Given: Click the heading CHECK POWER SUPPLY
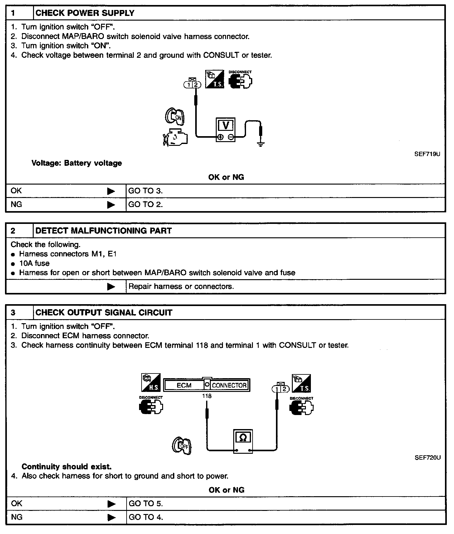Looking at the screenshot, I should tap(85, 13).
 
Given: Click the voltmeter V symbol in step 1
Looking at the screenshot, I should tap(226, 126).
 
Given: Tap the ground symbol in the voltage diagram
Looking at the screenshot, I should tap(261, 144).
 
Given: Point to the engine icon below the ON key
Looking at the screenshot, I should tap(175, 137).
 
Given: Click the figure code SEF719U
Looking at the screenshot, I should tap(427, 154).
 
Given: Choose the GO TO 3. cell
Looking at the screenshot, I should tap(146, 191).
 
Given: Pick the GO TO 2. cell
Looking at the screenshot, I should tap(146, 205).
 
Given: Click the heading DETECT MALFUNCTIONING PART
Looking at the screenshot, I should tap(104, 231).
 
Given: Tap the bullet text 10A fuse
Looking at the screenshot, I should tap(34, 263).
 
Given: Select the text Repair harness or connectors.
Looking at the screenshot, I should tap(181, 286).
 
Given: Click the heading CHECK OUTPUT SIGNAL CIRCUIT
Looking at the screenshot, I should tap(104, 313).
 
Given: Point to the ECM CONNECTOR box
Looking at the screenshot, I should tap(206, 385).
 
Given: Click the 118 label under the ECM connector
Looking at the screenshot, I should tap(207, 396).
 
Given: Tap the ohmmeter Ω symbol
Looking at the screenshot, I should tap(243, 438).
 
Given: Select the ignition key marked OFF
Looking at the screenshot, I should tap(181, 446).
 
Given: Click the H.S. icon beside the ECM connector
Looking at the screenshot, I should tap(151, 383).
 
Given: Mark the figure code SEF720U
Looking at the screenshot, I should tap(427, 458).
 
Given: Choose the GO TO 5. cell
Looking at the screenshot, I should tap(146, 503).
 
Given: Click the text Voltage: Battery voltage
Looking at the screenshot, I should tap(77, 163).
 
